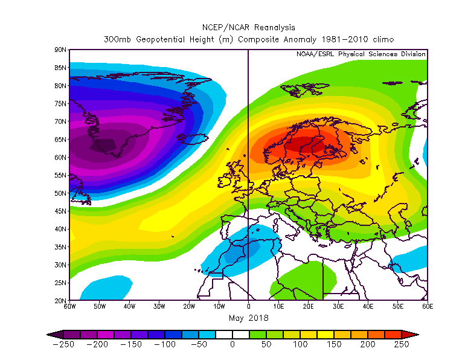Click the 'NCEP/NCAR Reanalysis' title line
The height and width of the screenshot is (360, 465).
248,27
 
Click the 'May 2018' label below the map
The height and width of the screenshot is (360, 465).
248,318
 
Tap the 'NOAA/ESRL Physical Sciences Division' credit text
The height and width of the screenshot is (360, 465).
361,54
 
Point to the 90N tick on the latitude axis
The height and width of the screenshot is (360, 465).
60,50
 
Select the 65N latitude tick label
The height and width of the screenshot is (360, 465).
60,140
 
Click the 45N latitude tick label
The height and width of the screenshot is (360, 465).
60,211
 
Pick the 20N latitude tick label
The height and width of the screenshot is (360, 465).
60,301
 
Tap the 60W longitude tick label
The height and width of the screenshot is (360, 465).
69,307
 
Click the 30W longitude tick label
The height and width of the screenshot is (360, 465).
159,307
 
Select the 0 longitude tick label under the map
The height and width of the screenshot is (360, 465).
248,307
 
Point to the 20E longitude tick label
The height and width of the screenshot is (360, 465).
308,307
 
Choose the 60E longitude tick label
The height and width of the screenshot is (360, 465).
428,307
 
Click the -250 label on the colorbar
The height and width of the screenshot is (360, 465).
63,345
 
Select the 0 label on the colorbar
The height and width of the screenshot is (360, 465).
232,345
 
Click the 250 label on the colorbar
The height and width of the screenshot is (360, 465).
402,345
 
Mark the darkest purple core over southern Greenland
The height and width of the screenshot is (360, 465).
103,146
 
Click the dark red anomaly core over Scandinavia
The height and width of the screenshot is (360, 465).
302,144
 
